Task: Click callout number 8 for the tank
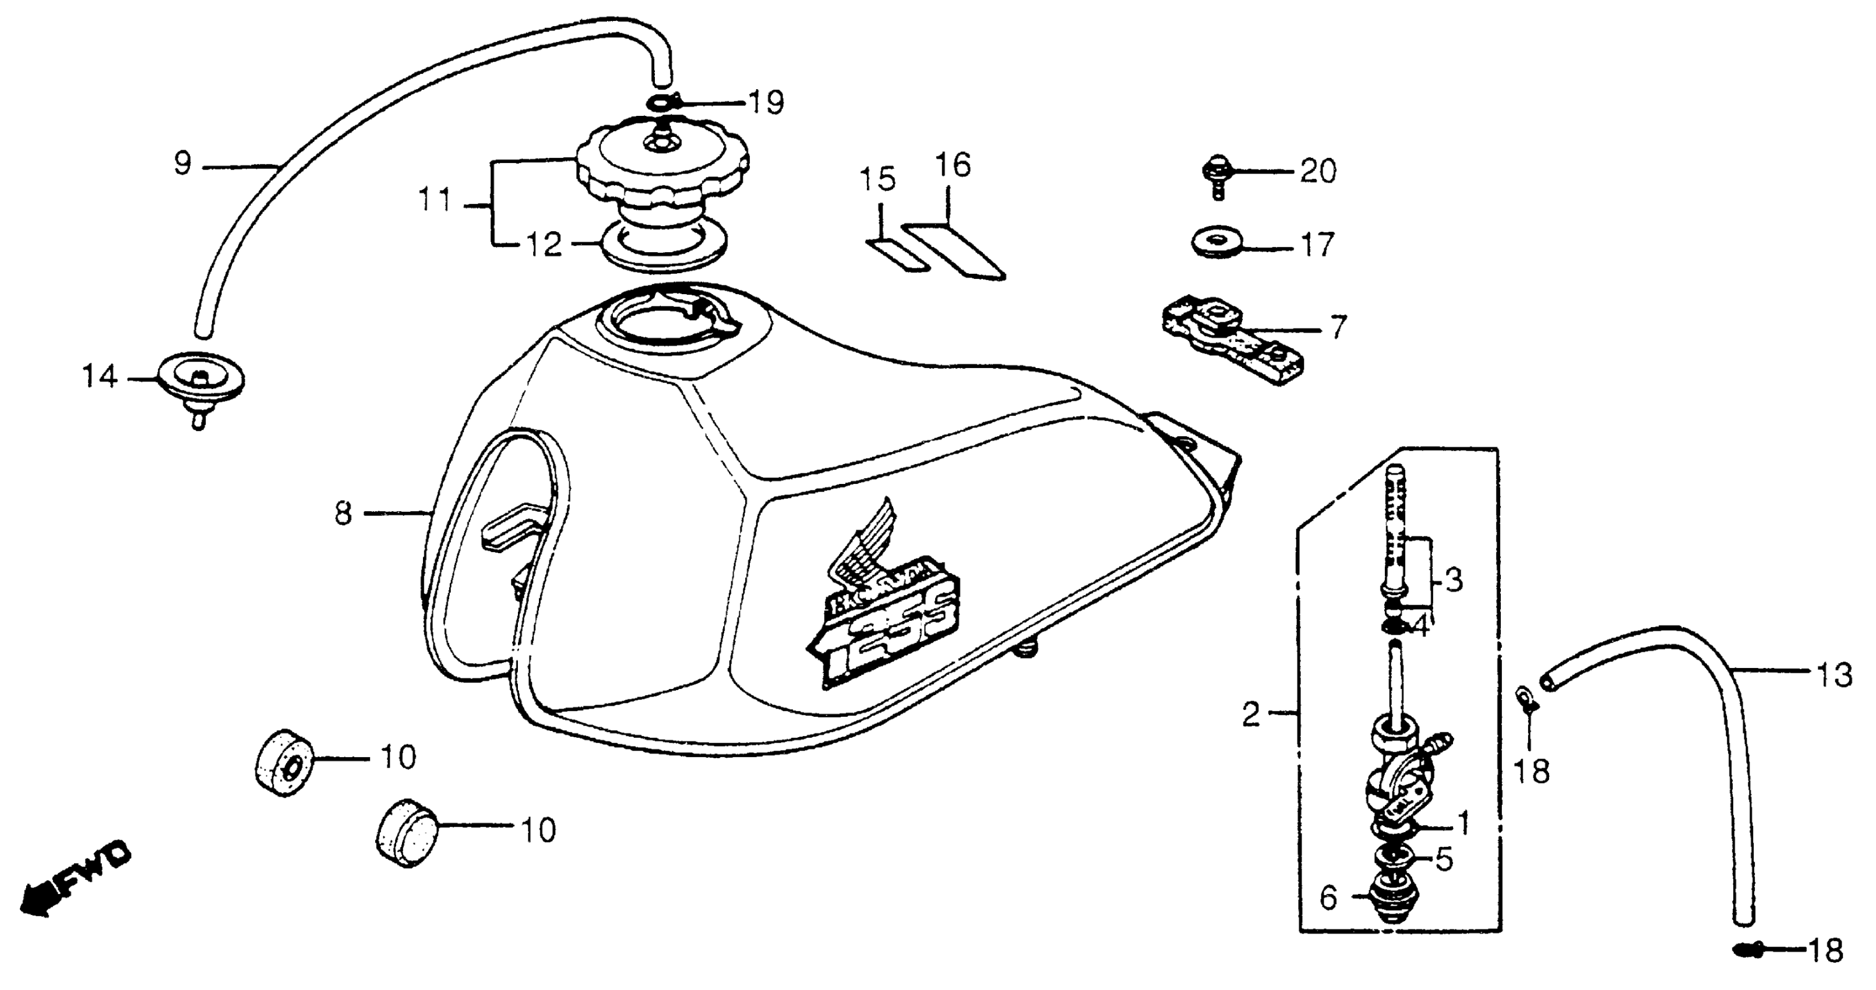(343, 514)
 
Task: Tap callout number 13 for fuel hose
(1833, 676)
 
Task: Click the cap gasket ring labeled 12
(664, 251)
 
